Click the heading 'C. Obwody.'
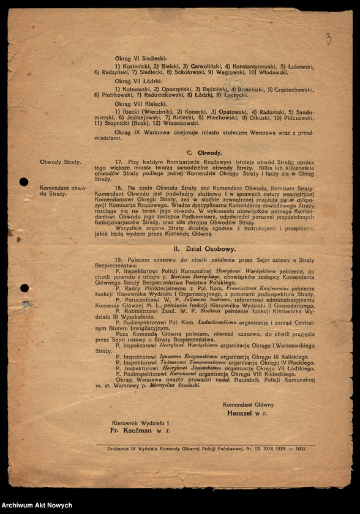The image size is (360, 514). (x=204, y=152)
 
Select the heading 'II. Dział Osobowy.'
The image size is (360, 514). (x=204, y=249)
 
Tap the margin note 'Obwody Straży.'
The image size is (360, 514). (x=60, y=162)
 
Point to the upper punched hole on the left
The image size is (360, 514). (x=24, y=182)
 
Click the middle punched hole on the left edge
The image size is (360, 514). (x=24, y=288)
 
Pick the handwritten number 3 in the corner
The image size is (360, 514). (x=328, y=39)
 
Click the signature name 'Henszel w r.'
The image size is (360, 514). (x=247, y=414)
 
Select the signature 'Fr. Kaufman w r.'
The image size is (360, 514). (x=139, y=431)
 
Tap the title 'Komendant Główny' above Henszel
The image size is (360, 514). (x=248, y=405)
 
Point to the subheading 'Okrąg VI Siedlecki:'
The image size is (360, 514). (x=141, y=58)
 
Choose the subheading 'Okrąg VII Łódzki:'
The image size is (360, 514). (x=138, y=81)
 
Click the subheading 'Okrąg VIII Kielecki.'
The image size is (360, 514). (x=140, y=104)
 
